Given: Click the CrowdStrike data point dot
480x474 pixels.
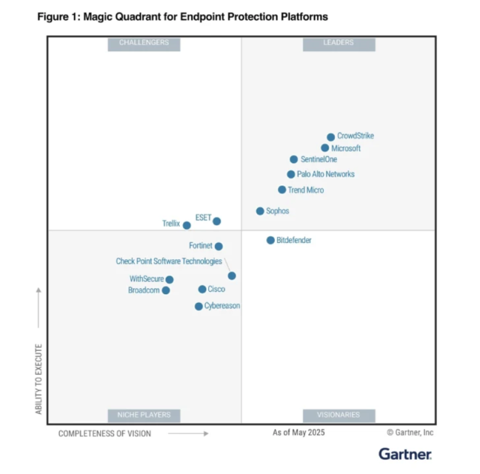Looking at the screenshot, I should (x=331, y=137).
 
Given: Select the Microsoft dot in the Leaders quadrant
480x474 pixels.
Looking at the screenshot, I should (x=325, y=148).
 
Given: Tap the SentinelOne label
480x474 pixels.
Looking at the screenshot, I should (x=318, y=159).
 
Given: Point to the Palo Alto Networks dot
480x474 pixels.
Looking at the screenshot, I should (x=291, y=174).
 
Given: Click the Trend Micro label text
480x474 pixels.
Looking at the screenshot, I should (x=306, y=190).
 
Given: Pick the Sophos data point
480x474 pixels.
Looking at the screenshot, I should (x=260, y=211).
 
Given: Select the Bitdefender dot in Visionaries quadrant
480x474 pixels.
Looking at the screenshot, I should (x=271, y=240).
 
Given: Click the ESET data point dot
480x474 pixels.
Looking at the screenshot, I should (x=217, y=221).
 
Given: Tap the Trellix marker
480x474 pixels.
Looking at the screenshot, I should (x=187, y=225).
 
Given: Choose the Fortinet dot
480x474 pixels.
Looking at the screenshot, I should (x=219, y=246).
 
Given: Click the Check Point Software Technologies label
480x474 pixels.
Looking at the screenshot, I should (x=169, y=261).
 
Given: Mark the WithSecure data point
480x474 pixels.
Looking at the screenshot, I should (x=169, y=280).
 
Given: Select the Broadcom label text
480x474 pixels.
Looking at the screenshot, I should (x=144, y=290).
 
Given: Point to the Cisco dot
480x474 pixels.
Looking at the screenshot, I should (x=202, y=289).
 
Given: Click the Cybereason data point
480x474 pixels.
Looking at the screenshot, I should (x=199, y=306).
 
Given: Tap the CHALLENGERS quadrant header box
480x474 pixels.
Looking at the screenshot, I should (x=144, y=43).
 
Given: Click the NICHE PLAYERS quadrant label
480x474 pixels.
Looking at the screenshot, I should (x=144, y=415).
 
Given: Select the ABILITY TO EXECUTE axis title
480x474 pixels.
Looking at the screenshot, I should (x=39, y=378).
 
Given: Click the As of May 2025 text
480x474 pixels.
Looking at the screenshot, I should (x=298, y=432).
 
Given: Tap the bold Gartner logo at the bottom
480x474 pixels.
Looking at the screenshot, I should (x=404, y=453).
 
